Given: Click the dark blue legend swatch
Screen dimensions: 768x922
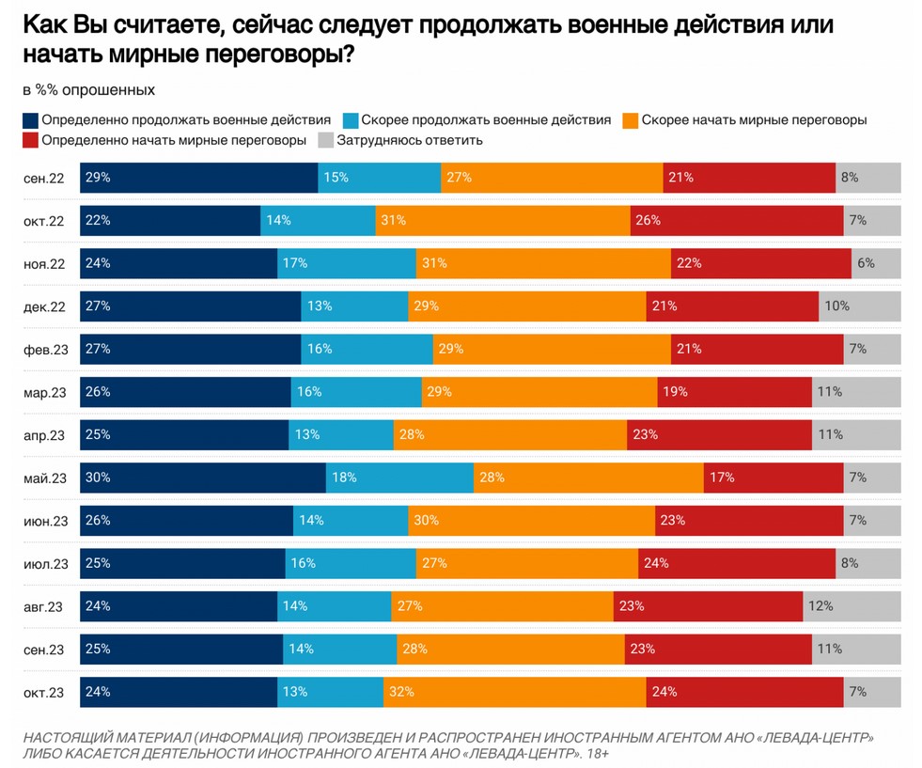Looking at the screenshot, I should click(x=31, y=120).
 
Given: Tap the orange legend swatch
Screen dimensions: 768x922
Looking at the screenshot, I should click(x=631, y=120).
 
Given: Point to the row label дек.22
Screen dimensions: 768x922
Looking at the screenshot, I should click(x=45, y=306).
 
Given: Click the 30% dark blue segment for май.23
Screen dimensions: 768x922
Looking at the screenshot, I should click(x=203, y=478).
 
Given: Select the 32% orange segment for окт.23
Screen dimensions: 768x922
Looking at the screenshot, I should click(x=514, y=693).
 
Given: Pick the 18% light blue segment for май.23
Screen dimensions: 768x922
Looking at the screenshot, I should click(x=399, y=478).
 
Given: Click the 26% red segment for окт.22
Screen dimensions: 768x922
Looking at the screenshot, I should click(x=737, y=221).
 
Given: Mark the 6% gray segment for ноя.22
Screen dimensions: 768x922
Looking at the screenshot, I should click(x=876, y=264).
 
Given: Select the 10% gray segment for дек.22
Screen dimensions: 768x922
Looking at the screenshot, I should click(x=859, y=306).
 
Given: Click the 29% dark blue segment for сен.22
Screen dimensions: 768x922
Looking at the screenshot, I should click(x=199, y=178).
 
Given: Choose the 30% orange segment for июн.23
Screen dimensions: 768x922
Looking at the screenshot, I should click(x=531, y=521).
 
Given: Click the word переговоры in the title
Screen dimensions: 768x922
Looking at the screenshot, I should click(x=262, y=55).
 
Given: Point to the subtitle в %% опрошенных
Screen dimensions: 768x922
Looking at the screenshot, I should click(x=88, y=90).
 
